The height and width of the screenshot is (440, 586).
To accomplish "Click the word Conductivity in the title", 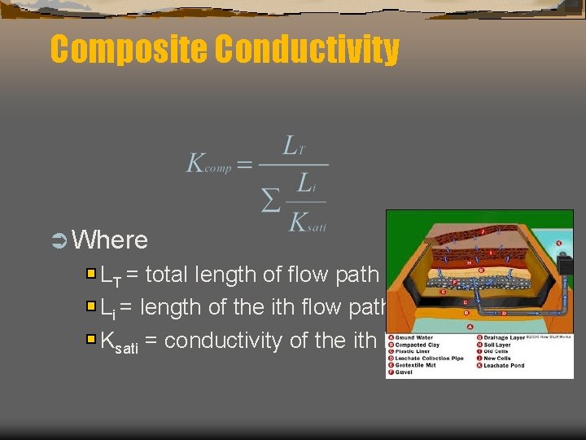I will pyautogui.click(x=307, y=50).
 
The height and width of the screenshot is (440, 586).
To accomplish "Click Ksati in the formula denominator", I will pyautogui.click(x=308, y=221).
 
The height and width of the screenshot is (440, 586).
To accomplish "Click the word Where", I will pyautogui.click(x=110, y=240).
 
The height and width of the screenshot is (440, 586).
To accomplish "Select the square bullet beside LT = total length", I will pyautogui.click(x=91, y=275).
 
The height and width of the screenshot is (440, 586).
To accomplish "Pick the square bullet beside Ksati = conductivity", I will pyautogui.click(x=91, y=339).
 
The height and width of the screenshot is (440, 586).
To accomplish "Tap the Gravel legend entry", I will pyautogui.click(x=406, y=373).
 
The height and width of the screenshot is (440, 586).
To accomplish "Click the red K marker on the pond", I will pyautogui.click(x=558, y=243).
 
